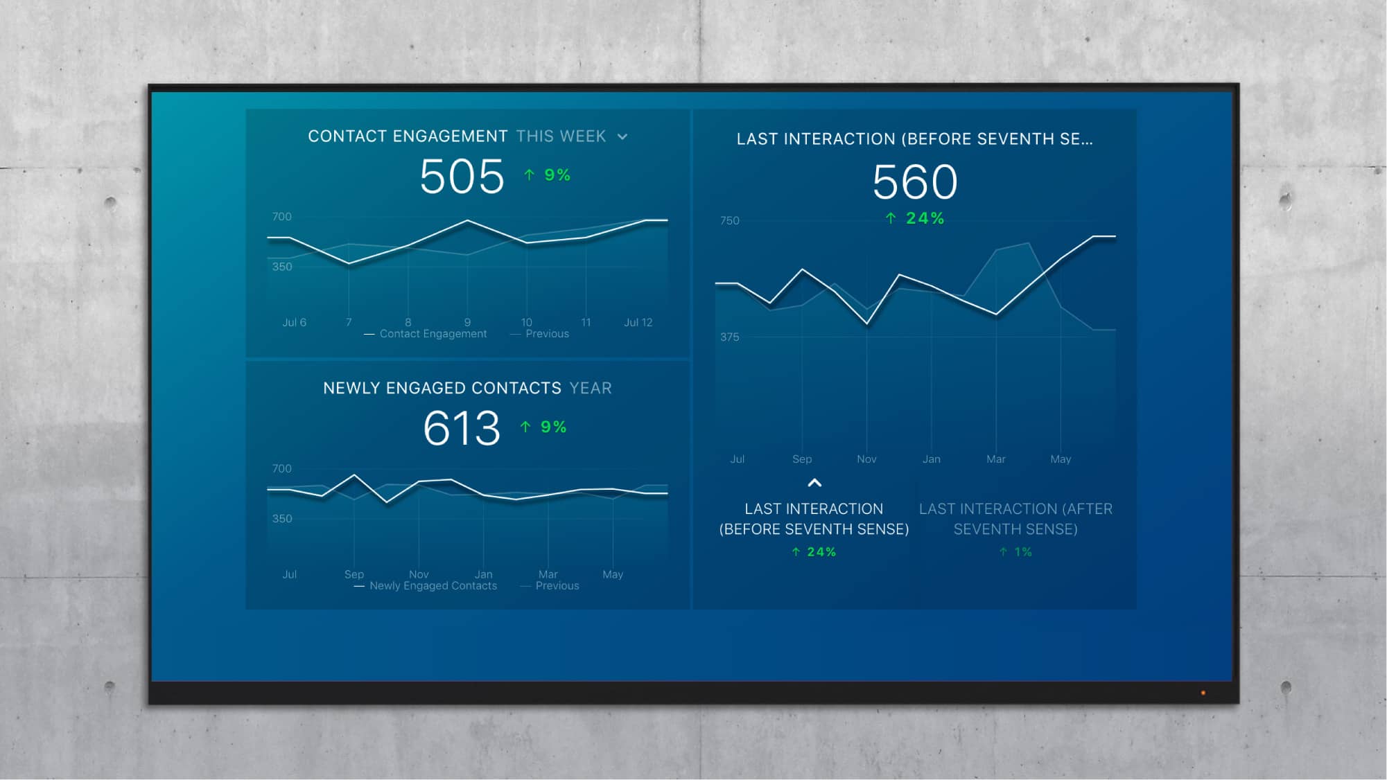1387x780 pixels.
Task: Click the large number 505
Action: tap(462, 177)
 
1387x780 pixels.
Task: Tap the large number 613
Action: tap(462, 428)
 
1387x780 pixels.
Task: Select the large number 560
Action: tap(915, 182)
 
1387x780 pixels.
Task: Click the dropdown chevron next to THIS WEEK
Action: tap(622, 137)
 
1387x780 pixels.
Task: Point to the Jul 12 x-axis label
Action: tap(638, 322)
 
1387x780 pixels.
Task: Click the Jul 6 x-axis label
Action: tap(294, 322)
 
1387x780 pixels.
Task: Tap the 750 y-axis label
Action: tap(729, 221)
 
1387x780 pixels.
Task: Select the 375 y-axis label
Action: tap(729, 337)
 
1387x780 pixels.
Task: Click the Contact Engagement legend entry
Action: tap(433, 334)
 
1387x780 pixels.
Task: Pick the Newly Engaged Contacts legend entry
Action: tap(433, 586)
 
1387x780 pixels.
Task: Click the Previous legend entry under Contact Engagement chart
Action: tap(546, 334)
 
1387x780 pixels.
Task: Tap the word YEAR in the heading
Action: tap(591, 389)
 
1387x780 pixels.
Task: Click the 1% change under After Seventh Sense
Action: tap(1016, 552)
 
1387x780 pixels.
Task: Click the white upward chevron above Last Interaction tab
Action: tap(814, 483)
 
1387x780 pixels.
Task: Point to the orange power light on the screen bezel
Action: tap(1203, 693)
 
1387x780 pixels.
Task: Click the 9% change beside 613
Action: tap(545, 427)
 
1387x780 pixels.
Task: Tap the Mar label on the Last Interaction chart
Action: tap(995, 459)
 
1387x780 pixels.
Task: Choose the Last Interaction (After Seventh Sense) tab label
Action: tap(1015, 519)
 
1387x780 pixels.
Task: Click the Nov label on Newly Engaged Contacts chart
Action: tap(419, 574)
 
